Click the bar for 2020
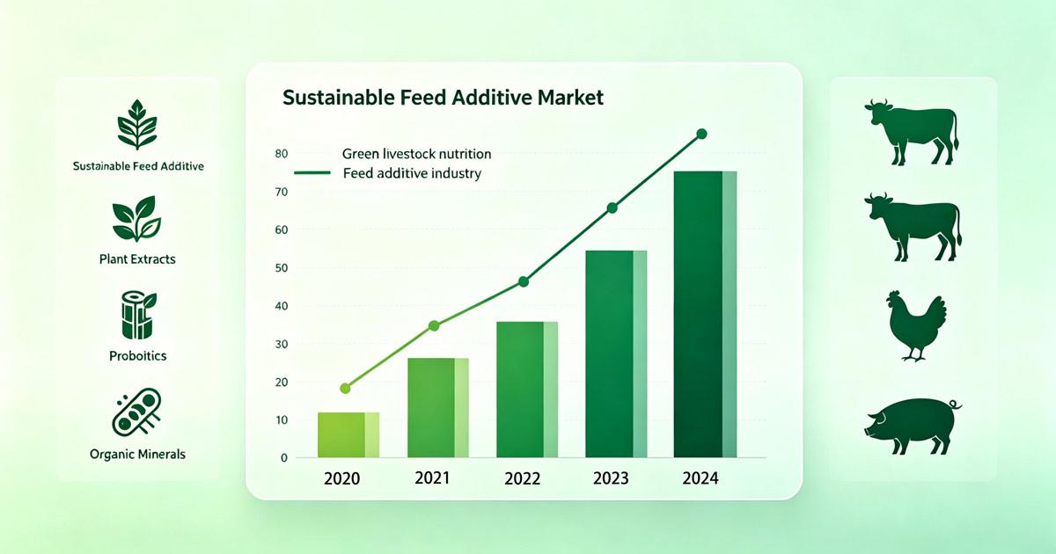click(348, 434)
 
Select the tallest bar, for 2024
click(705, 314)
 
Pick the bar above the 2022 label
click(527, 390)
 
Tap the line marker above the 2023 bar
click(612, 208)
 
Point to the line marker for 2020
click(345, 388)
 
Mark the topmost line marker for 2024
click(701, 134)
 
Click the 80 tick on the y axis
click(281, 154)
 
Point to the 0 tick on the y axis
click(283, 458)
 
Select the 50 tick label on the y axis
click(281, 268)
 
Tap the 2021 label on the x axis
click(432, 478)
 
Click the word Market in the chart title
click(570, 98)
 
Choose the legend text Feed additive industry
click(412, 173)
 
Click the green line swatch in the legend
click(312, 173)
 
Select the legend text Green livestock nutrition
click(417, 154)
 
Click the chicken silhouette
click(916, 326)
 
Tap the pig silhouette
click(913, 426)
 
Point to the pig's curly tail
click(956, 405)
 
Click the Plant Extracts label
click(137, 259)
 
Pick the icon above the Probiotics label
click(139, 315)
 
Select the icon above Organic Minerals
click(136, 412)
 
